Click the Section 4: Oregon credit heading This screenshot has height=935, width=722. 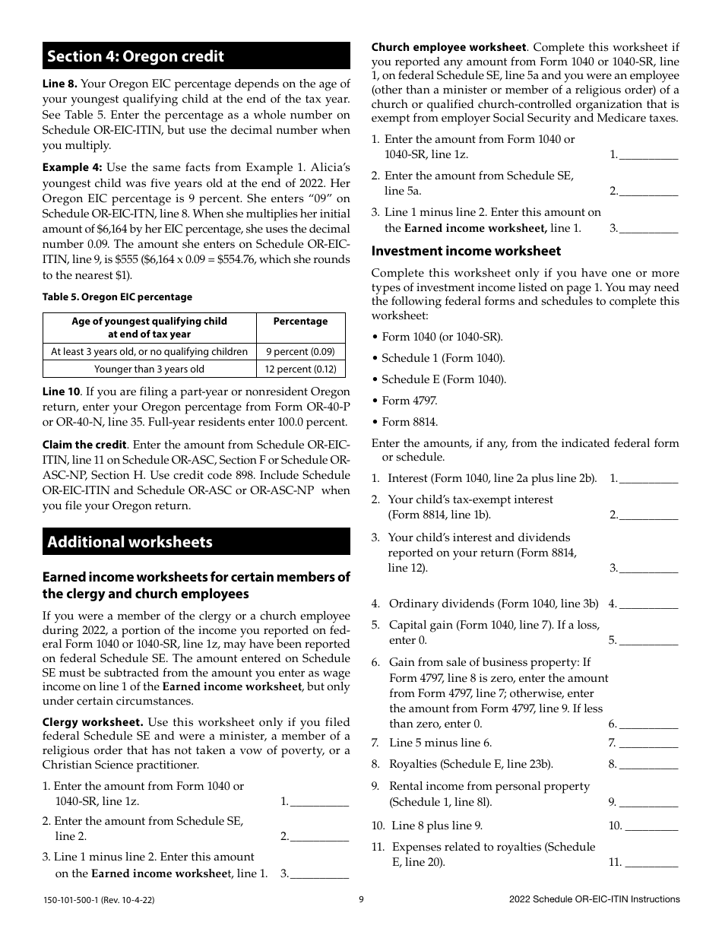point(136,56)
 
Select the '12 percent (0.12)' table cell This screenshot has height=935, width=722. point(301,369)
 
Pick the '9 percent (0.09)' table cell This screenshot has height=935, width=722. point(301,352)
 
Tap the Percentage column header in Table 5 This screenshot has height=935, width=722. point(301,322)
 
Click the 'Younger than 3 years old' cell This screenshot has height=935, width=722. point(150,369)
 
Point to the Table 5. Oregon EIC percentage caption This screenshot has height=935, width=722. point(117,297)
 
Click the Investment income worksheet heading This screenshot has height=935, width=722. point(466,251)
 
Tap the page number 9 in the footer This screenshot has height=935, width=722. point(361,899)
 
